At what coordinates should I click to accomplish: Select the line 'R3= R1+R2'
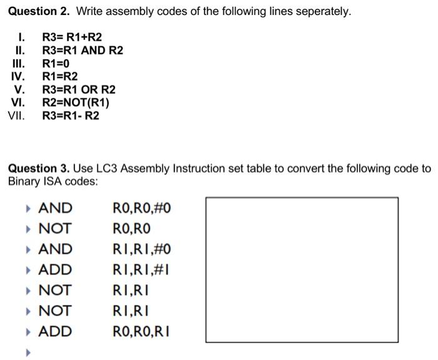pyautogui.click(x=71, y=37)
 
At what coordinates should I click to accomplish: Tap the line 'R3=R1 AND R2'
pyautogui.click(x=82, y=51)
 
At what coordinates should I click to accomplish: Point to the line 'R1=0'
pyautogui.click(x=56, y=64)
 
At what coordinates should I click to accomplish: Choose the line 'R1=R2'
pyautogui.click(x=60, y=77)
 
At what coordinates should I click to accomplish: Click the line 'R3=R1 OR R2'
pyautogui.click(x=78, y=90)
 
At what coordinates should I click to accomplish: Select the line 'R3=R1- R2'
pyautogui.click(x=70, y=116)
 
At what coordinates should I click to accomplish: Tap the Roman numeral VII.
pyautogui.click(x=17, y=116)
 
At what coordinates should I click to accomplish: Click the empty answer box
pyautogui.click(x=302, y=270)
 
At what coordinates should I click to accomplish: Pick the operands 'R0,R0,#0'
pyautogui.click(x=141, y=208)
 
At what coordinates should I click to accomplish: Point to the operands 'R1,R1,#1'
pyautogui.click(x=141, y=270)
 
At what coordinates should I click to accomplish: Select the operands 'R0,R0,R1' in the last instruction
pyautogui.click(x=140, y=332)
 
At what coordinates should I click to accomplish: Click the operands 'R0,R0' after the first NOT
pyautogui.click(x=131, y=229)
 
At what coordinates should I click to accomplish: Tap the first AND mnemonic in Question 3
pyautogui.click(x=55, y=208)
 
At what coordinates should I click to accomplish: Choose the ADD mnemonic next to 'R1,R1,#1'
pyautogui.click(x=55, y=270)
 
